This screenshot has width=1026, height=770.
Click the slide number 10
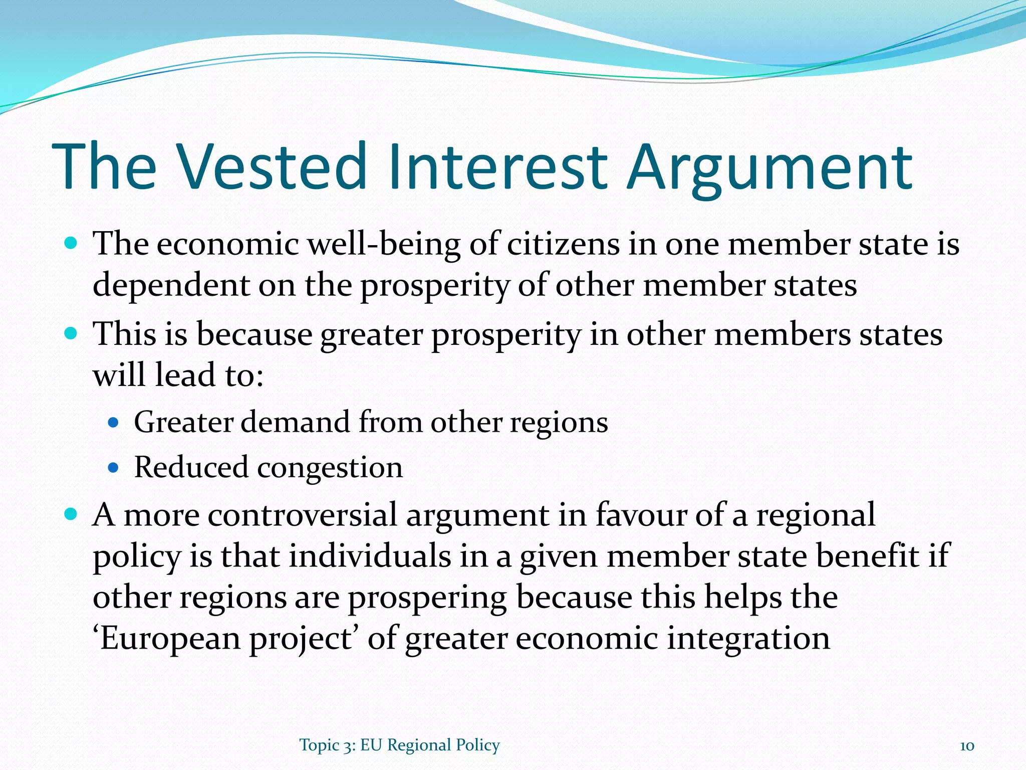pyautogui.click(x=966, y=745)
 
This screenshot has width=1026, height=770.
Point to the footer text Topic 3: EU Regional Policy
pyautogui.click(x=399, y=745)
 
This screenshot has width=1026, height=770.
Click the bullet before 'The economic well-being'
pyautogui.click(x=71, y=244)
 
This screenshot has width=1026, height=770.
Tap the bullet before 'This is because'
pyautogui.click(x=71, y=333)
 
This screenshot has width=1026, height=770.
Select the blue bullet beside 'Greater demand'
pyautogui.click(x=113, y=423)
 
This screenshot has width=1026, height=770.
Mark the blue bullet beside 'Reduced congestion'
pyautogui.click(x=113, y=468)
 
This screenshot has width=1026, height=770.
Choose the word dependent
pyautogui.click(x=171, y=286)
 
